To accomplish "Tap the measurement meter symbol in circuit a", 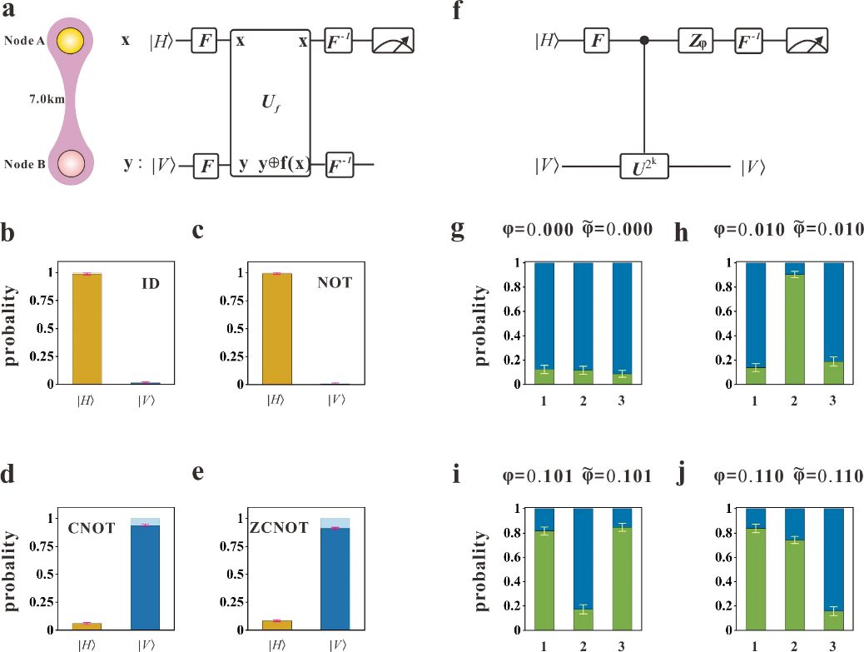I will click(x=393, y=40).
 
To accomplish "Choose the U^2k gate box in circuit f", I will click(x=646, y=167).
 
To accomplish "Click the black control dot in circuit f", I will click(x=644, y=40).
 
